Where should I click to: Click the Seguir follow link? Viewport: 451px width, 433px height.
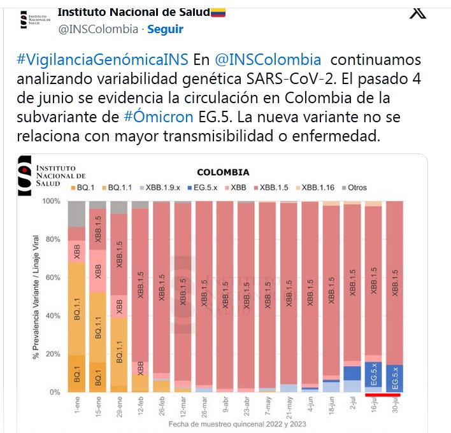[x=165, y=29]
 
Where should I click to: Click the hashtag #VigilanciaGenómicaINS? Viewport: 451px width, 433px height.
[x=101, y=60]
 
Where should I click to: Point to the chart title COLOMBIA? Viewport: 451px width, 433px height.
[x=223, y=172]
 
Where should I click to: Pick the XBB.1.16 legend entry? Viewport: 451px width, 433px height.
[x=317, y=188]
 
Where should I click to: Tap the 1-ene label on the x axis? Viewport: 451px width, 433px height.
[x=76, y=406]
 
